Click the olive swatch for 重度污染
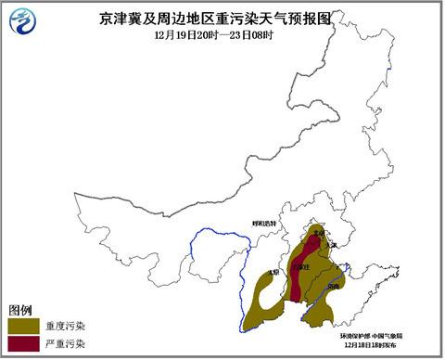[22, 326]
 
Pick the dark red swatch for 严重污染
[22, 344]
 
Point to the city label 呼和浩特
[265, 224]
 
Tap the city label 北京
[319, 233]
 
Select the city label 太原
[272, 273]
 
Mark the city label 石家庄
[299, 268]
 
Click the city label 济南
[333, 288]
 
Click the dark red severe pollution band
[299, 278]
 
